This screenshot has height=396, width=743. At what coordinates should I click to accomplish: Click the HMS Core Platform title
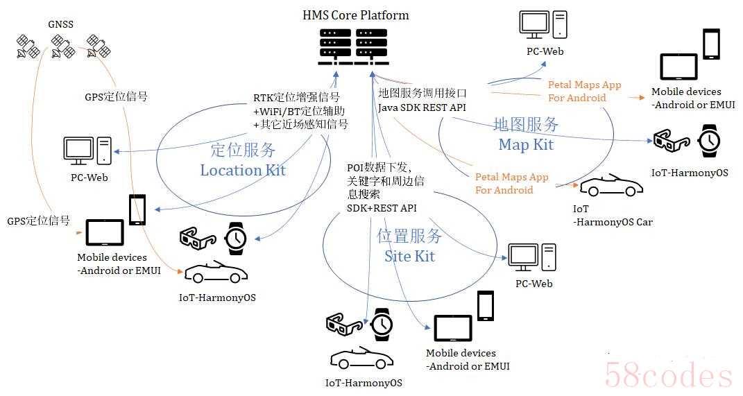[x=356, y=15]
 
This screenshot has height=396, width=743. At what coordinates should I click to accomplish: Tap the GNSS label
[x=60, y=24]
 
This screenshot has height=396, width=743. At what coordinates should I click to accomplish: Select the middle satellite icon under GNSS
[x=64, y=46]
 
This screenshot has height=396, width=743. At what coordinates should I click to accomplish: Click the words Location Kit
[x=243, y=170]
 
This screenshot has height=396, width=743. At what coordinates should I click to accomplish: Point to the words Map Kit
[x=526, y=144]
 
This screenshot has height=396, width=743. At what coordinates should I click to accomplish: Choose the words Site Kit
[x=409, y=257]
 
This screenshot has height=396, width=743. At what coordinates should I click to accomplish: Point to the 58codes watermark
[x=669, y=375]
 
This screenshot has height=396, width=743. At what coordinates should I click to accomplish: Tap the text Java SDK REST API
[x=422, y=107]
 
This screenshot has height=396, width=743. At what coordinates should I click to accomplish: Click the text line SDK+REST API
[x=382, y=208]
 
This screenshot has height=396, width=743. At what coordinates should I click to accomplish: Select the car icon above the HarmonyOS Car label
[x=611, y=185]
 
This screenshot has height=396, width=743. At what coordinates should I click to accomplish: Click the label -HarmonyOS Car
[x=613, y=222]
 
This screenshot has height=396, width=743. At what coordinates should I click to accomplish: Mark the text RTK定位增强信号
[x=297, y=98]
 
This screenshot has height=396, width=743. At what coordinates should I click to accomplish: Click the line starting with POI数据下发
[x=379, y=167]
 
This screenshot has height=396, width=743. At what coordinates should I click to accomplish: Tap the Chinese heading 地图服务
[x=526, y=125]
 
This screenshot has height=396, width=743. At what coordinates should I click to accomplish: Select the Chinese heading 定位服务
[x=243, y=150]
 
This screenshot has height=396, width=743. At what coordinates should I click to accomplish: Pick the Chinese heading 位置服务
[x=409, y=235]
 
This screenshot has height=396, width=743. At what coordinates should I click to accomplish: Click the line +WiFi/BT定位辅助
[x=299, y=112]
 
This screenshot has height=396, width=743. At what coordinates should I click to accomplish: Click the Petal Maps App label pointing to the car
[x=512, y=183]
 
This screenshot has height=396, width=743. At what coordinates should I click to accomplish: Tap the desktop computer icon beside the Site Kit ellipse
[x=532, y=258]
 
